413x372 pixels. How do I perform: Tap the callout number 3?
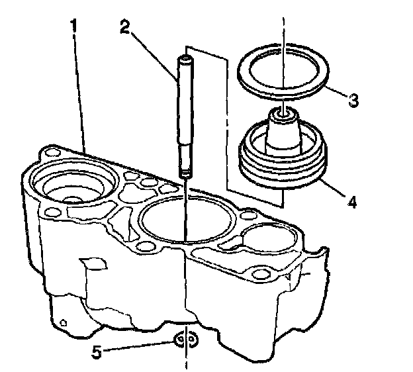[354, 101]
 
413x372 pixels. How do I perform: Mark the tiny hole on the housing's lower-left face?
[63, 323]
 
